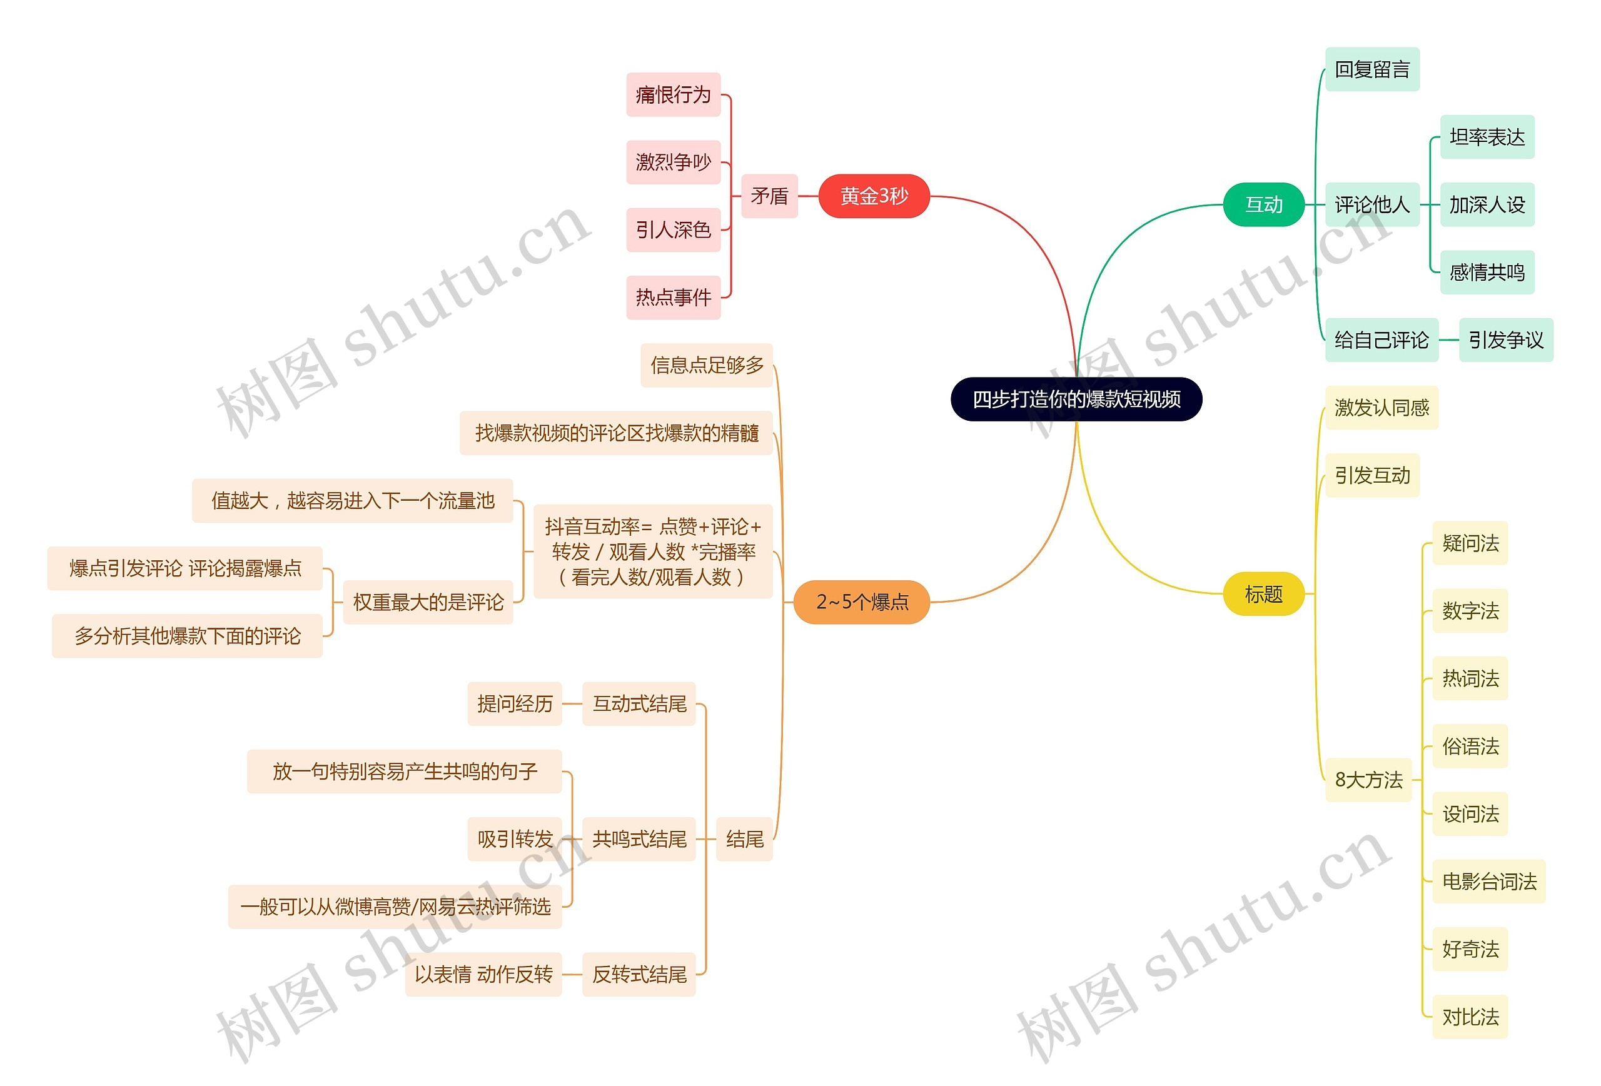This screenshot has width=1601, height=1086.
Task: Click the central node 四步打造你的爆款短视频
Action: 1076,399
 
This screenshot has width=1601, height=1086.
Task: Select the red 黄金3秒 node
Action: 874,196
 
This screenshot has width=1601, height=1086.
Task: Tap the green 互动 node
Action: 1263,204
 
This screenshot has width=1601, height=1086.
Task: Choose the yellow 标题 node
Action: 1263,593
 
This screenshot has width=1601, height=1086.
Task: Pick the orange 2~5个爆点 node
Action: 861,602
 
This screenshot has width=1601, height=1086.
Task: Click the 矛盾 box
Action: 769,196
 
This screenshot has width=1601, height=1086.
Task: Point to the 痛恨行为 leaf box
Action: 672,94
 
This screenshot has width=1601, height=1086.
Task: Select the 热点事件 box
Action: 672,298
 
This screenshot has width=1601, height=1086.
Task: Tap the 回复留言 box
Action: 1371,69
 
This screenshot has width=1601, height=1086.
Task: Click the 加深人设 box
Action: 1487,204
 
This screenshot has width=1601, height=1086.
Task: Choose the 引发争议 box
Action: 1505,339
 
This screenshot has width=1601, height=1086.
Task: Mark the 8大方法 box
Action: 1368,780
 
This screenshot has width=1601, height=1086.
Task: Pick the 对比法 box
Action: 1470,1017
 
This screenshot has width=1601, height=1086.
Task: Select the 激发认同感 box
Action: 1381,408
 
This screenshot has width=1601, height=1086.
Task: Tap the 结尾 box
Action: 744,839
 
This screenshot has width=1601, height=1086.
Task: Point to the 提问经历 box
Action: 515,704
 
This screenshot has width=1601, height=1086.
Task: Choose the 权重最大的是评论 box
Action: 428,602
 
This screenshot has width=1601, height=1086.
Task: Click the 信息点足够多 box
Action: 706,365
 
